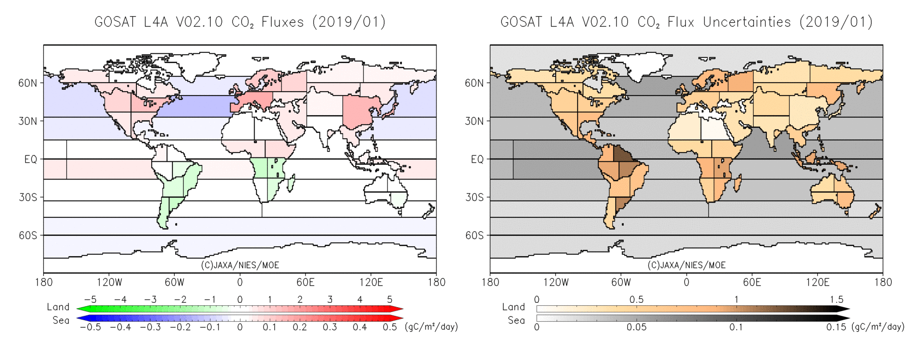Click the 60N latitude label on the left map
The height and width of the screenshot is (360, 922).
coord(27,83)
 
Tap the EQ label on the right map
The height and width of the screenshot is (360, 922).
coord(477,159)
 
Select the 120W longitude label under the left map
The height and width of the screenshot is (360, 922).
coord(109,282)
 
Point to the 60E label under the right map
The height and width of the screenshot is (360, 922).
coord(752,282)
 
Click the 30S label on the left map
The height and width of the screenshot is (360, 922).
coord(27,197)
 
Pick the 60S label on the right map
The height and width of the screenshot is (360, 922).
coord(474,235)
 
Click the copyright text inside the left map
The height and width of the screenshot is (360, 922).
coord(240,265)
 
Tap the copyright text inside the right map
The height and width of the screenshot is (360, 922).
coord(686,265)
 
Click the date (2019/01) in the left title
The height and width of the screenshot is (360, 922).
coord(349,22)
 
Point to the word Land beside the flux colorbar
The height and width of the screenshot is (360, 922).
coord(58,307)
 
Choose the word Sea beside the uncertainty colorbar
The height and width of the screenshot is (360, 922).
coord(516,320)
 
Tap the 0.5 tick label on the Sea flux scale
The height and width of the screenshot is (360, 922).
coord(389,327)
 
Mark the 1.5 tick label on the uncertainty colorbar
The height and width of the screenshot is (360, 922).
coord(837,300)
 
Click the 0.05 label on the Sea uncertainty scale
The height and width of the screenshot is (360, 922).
coord(636,327)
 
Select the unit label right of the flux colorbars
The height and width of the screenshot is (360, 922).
coord(431,327)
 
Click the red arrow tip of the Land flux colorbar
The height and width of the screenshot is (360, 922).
coord(398,309)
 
